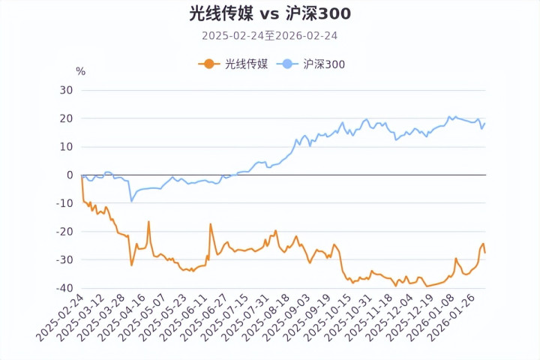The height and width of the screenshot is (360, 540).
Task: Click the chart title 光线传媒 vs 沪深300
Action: click(x=270, y=13)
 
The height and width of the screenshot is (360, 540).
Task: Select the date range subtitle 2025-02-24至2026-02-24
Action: click(x=270, y=35)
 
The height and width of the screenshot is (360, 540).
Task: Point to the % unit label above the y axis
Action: click(x=81, y=71)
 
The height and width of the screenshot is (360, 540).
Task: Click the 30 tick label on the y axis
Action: click(x=66, y=90)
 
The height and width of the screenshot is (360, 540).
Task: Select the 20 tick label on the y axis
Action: click(x=66, y=118)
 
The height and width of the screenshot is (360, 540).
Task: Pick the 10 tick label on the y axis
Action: click(x=66, y=147)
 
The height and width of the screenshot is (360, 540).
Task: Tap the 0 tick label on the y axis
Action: click(x=70, y=175)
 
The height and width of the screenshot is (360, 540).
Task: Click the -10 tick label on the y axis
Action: click(x=64, y=203)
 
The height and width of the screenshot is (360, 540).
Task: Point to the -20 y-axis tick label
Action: click(x=64, y=232)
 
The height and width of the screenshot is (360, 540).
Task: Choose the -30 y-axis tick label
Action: click(x=64, y=260)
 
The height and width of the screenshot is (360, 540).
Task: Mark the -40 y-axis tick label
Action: click(x=64, y=289)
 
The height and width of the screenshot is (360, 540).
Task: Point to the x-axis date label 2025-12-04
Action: click(x=388, y=319)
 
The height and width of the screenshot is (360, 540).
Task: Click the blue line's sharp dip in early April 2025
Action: click(x=132, y=201)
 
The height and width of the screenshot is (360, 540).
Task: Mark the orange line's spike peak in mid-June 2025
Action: click(x=211, y=223)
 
